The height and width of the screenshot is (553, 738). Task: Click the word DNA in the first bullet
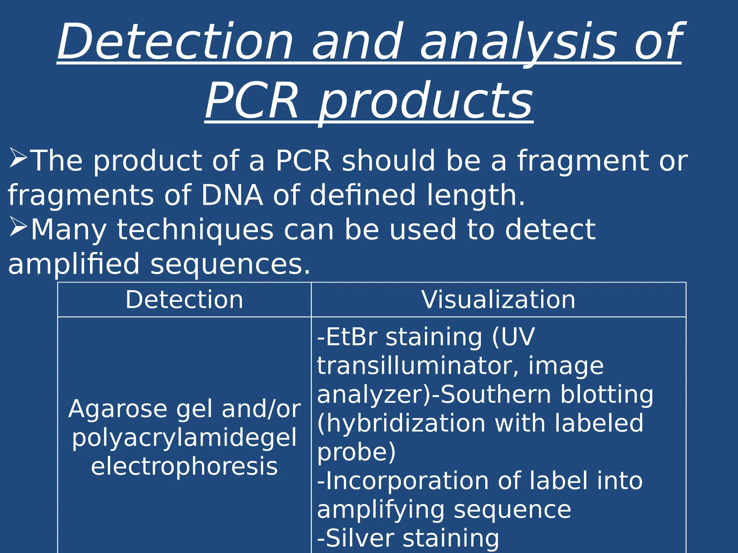pyautogui.click(x=232, y=195)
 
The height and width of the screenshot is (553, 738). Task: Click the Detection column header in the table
pyautogui.click(x=184, y=300)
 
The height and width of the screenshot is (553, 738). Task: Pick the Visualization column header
pyautogui.click(x=498, y=300)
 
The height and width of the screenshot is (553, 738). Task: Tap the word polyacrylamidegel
pyautogui.click(x=184, y=438)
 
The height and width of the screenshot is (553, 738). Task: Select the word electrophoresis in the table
pyautogui.click(x=184, y=467)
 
